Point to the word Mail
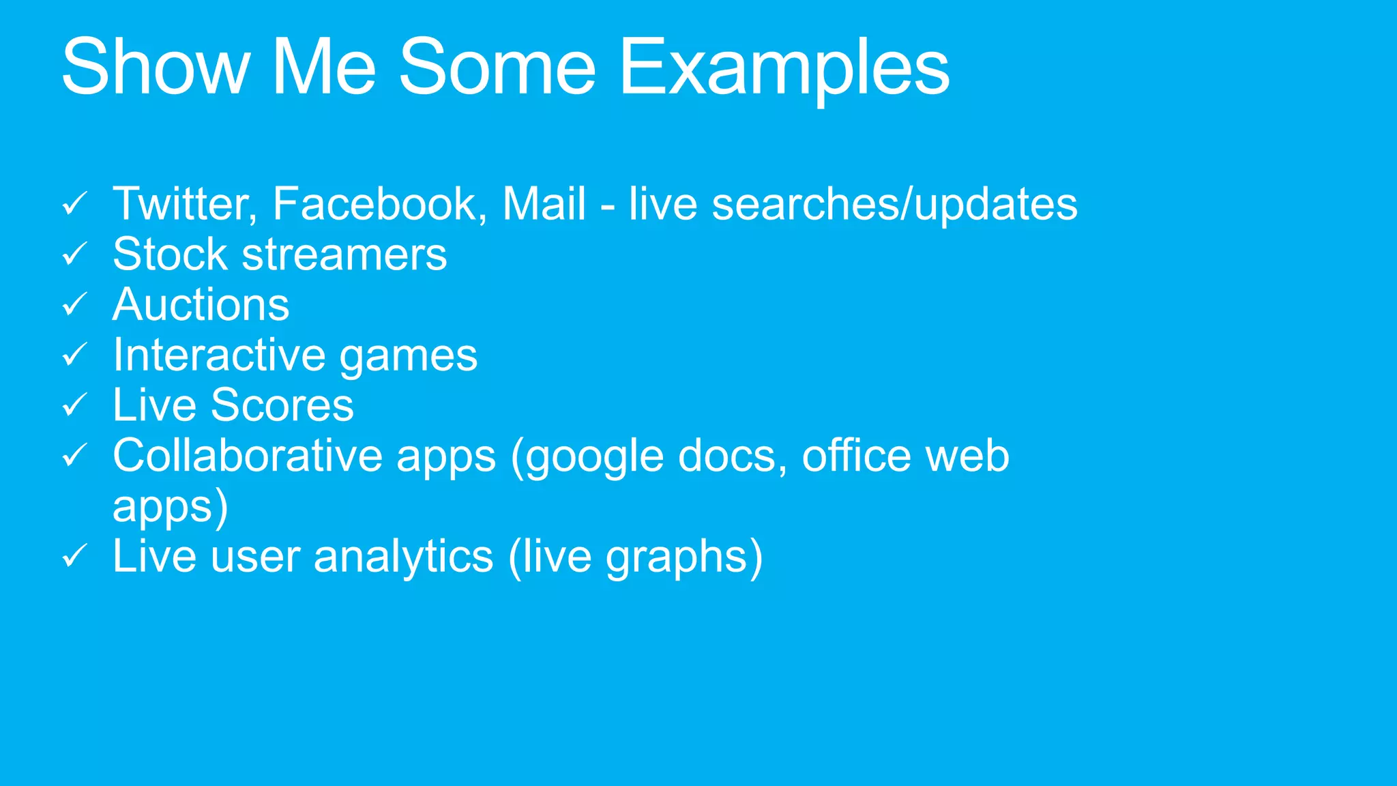(x=544, y=204)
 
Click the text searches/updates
(x=894, y=204)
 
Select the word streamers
(x=344, y=254)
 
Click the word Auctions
(x=201, y=304)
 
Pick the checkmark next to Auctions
(x=74, y=304)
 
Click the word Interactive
(x=219, y=355)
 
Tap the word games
(x=409, y=356)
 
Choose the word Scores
(x=282, y=405)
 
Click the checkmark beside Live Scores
(x=74, y=405)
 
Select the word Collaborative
(x=247, y=456)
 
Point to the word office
(x=856, y=456)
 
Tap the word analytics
(x=403, y=557)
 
